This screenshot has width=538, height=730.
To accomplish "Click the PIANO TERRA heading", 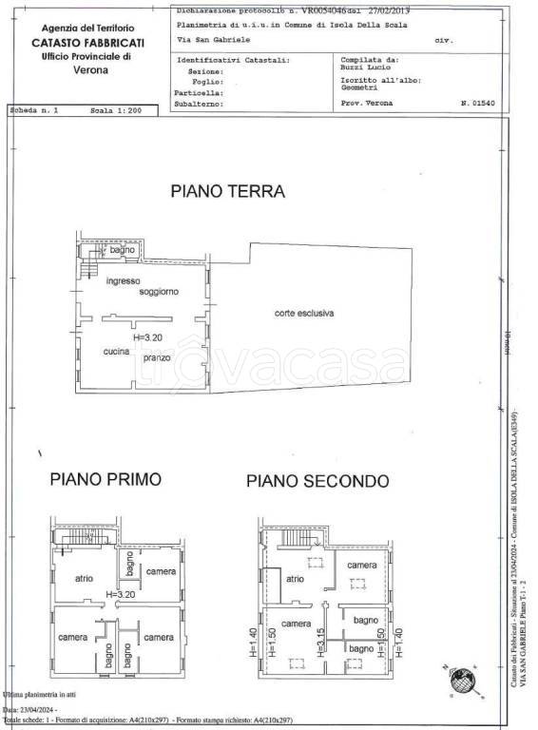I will point(228,191).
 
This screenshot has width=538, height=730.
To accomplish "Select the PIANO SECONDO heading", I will point(317,480).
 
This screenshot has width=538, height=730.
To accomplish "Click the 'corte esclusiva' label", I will point(304,313).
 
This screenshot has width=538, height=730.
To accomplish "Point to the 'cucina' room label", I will point(117,353).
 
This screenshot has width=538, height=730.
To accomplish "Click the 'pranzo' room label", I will point(157,357).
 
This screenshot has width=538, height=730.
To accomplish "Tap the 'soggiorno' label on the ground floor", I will point(159,291).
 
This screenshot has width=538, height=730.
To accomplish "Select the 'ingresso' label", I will point(124,281).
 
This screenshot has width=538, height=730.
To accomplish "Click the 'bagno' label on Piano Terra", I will point(121,250).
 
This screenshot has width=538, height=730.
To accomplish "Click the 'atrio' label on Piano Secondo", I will point(296,578).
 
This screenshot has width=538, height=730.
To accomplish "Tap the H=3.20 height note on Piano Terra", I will point(149,336).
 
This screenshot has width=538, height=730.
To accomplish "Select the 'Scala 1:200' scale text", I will point(115,111).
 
